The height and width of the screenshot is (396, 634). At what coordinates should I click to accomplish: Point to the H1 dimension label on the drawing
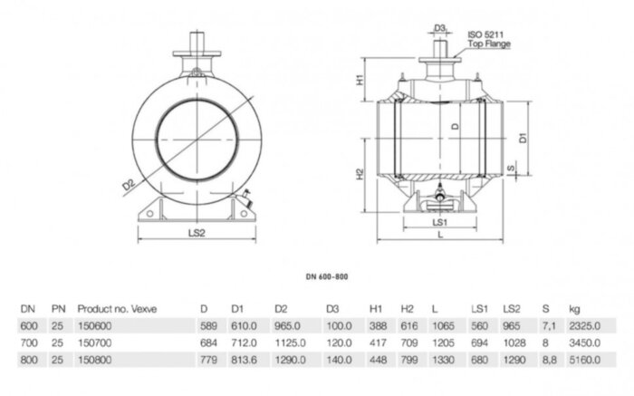point(360,81)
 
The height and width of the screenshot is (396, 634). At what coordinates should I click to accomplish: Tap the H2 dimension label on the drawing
point(360,174)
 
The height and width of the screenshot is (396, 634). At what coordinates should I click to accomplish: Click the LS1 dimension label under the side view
point(441,221)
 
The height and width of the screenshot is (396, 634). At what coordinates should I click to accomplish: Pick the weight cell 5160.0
point(581,360)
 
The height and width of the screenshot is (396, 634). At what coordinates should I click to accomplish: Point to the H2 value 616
point(407,326)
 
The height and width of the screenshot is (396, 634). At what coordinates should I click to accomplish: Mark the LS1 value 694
point(480,343)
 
